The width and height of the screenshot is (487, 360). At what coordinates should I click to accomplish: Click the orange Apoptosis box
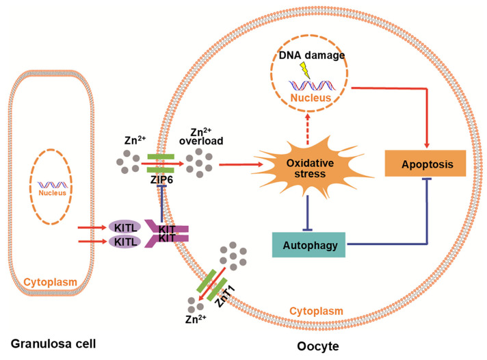[425, 164]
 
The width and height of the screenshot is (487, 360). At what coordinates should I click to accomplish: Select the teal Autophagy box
[308, 244]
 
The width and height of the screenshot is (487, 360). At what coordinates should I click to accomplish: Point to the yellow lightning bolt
[305, 70]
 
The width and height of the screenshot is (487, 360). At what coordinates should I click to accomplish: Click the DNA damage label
[312, 55]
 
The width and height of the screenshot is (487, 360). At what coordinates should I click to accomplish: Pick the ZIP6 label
[161, 180]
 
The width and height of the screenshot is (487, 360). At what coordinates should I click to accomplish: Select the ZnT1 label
[225, 297]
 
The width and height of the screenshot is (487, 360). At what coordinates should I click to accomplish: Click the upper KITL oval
[125, 227]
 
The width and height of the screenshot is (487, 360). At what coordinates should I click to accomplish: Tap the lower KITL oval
[125, 242]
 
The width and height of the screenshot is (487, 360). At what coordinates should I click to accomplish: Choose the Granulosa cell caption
[53, 344]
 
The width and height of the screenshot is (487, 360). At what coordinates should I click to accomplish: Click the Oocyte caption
[318, 346]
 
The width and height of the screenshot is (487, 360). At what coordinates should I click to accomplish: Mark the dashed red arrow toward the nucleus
[308, 129]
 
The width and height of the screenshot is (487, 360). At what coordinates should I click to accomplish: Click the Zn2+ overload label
[201, 137]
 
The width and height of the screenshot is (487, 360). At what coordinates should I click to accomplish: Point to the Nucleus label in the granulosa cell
[52, 193]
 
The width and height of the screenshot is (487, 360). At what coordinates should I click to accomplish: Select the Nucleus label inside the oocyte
[311, 98]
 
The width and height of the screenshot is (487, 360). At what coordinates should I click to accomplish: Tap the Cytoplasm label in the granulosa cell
[51, 282]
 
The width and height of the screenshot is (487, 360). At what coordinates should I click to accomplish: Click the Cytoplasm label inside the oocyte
[316, 311]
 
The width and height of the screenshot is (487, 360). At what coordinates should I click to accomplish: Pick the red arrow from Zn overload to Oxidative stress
[241, 164]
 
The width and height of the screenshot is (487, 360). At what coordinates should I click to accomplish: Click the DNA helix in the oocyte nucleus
[312, 86]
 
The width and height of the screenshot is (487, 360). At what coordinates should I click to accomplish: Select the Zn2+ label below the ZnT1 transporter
[196, 319]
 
